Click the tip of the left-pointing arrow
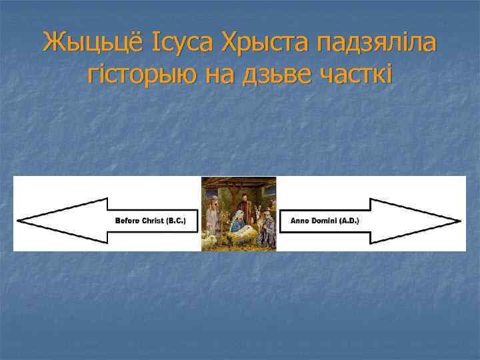pyautogui.click(x=19, y=220)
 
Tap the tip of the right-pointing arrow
pyautogui.click(x=460, y=220)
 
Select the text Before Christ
pyautogui.click(x=139, y=220)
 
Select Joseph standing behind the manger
pyautogui.click(x=244, y=203)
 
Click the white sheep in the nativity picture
pyautogui.click(x=211, y=238)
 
